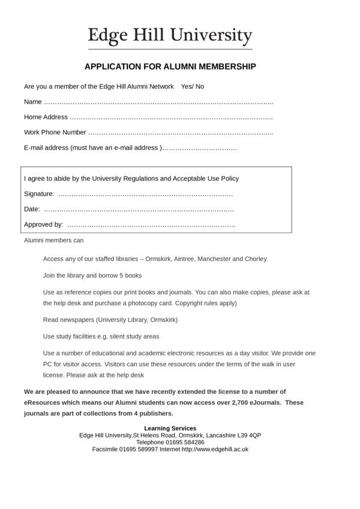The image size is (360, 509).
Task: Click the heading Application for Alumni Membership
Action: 170,67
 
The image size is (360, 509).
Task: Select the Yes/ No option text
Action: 193,86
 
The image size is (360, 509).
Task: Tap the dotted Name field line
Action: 158,102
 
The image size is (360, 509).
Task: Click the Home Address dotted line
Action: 171,118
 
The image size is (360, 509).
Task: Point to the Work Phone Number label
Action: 55,132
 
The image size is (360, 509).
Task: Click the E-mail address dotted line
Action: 200,148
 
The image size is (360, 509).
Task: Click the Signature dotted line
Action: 145,194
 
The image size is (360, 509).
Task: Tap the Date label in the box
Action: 31,209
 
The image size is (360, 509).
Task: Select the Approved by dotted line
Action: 151,225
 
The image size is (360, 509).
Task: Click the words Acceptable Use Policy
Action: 206,179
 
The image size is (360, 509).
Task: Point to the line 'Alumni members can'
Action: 54,240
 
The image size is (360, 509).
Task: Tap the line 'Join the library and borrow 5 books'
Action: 92,276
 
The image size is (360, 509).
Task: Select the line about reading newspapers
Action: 110,320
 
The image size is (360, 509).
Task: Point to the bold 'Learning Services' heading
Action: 170,428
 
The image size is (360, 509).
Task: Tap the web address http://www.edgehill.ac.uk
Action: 215,449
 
